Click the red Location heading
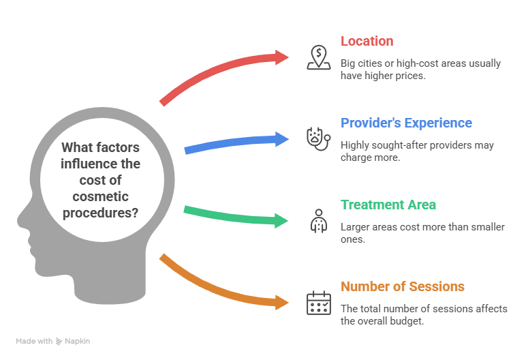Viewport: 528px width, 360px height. (367, 41)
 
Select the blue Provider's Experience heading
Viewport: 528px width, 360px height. (406, 123)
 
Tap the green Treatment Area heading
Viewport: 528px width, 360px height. (388, 205)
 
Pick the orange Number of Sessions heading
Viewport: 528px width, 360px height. (403, 286)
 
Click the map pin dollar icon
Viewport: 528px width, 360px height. (317, 57)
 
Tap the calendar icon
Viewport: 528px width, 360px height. (317, 301)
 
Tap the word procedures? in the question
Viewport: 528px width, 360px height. (102, 213)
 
